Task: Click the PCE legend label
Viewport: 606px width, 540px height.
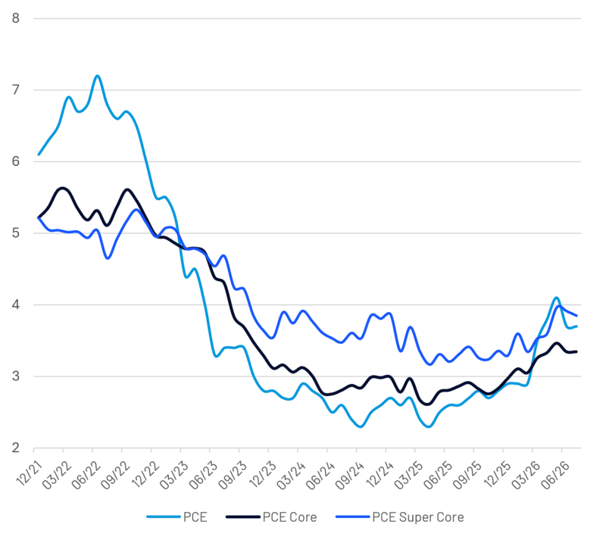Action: pyautogui.click(x=195, y=517)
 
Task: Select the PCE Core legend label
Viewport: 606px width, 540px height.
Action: pyautogui.click(x=289, y=517)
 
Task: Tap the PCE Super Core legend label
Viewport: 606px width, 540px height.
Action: pyautogui.click(x=418, y=517)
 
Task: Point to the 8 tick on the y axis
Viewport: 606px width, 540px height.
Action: pyautogui.click(x=15, y=18)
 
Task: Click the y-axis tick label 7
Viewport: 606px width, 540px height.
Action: pyautogui.click(x=15, y=89)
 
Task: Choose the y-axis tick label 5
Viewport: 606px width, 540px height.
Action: pyautogui.click(x=15, y=233)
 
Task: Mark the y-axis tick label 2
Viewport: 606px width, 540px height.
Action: pyautogui.click(x=15, y=448)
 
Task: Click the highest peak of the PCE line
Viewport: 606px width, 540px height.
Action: pyautogui.click(x=97, y=76)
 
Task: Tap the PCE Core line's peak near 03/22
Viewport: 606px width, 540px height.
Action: pyautogui.click(x=63, y=188)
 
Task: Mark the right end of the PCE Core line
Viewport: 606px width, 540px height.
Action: pyautogui.click(x=576, y=351)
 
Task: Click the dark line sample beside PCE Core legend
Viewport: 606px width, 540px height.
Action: pyautogui.click(x=242, y=517)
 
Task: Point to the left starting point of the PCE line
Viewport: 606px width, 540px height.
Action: pyautogui.click(x=39, y=155)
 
